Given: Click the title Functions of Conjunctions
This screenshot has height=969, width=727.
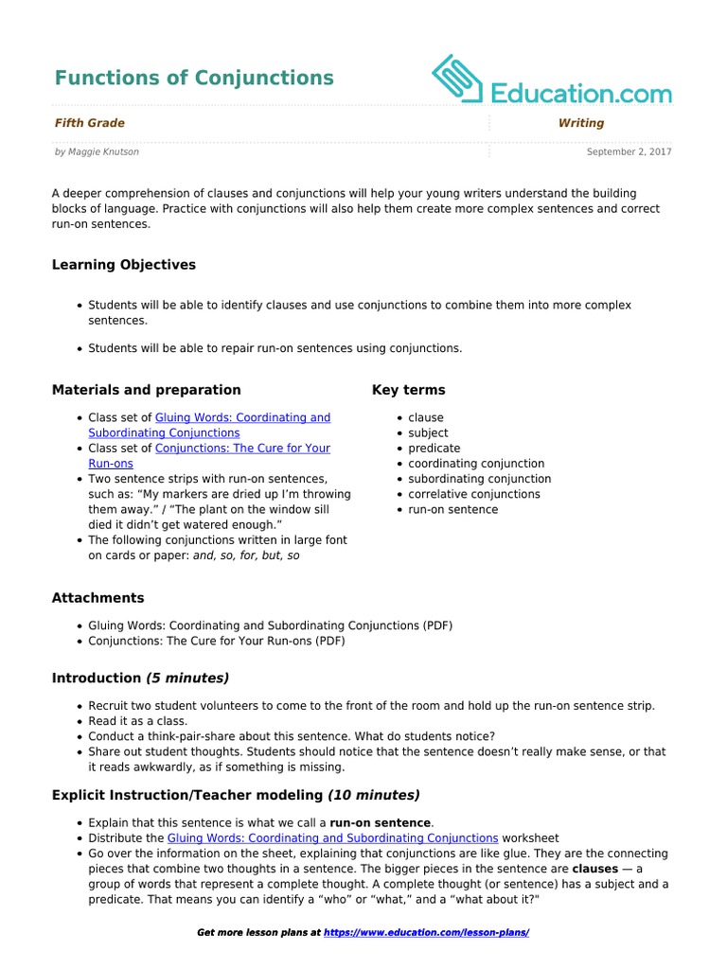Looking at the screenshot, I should tap(194, 78).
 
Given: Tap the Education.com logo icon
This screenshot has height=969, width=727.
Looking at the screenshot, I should tap(457, 79).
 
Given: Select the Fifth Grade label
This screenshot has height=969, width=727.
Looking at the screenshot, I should tap(90, 123).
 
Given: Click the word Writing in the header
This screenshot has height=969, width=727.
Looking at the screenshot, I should tap(581, 123).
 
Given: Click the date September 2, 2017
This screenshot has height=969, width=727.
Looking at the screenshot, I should tap(629, 151).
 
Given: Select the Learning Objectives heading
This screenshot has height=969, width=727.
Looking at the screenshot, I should tap(124, 265).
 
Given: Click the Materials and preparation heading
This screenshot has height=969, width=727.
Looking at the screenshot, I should tap(147, 390).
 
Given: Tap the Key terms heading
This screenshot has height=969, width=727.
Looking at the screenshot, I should tap(409, 390).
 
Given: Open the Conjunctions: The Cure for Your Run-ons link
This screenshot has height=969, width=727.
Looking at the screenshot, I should tap(242, 449).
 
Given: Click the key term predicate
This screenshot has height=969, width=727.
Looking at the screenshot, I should tap(434, 449).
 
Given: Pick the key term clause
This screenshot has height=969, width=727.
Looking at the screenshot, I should tap(426, 417).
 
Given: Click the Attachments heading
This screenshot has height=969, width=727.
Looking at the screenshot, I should tap(98, 598).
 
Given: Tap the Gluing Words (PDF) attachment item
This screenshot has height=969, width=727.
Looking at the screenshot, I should tap(270, 625).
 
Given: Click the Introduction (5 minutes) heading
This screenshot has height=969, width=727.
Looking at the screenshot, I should tap(140, 678).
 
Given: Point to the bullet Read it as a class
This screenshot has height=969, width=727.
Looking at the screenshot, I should tap(137, 721).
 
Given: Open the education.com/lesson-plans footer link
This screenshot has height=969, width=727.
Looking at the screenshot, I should tap(426, 933).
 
